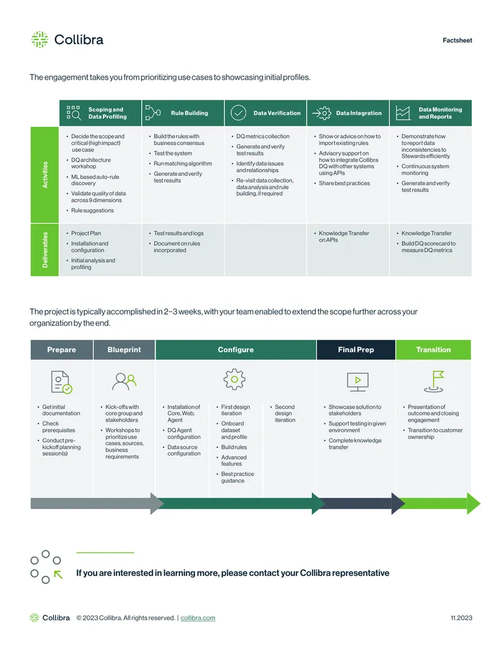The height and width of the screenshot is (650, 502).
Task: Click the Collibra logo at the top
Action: coord(67,40)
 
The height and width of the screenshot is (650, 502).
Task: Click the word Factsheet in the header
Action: coord(457,40)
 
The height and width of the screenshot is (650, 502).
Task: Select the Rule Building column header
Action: coord(183,113)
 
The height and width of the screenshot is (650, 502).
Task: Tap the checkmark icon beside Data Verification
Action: coord(238,113)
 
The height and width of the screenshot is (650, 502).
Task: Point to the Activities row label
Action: coord(45,175)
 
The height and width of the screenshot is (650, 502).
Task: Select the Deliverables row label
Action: coord(45,250)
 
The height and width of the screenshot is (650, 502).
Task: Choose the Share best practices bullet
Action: coord(342,183)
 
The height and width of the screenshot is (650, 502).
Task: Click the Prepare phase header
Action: coord(61,349)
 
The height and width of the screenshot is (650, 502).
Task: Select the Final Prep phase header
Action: coord(356,349)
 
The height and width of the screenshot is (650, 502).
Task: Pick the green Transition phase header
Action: coord(433,349)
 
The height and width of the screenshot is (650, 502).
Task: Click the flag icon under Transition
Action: coord(434,381)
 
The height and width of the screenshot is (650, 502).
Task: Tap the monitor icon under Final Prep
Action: coord(358,381)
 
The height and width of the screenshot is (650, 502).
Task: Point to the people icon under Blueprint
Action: coord(124,381)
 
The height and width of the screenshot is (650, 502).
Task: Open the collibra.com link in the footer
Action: coord(198,618)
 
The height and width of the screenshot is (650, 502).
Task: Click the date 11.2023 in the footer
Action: coord(461,618)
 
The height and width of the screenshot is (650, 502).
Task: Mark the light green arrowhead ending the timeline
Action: coord(473,504)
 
